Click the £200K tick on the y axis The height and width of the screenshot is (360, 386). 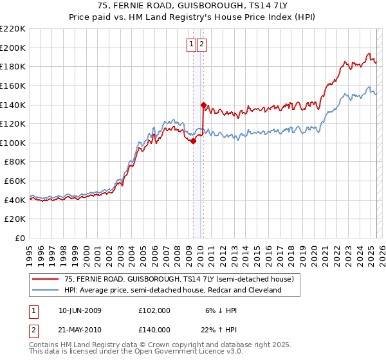point(13,48)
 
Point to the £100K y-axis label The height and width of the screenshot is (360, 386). point(13,143)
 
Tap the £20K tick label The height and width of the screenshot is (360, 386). point(15,219)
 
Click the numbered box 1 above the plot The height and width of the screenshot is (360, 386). point(192,44)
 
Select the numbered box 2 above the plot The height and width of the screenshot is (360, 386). point(201,44)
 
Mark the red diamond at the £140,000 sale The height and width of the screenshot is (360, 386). point(203,105)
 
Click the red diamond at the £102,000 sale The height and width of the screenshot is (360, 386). point(193,141)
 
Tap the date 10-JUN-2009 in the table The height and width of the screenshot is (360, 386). point(80,310)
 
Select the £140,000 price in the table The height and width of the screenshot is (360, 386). point(154,329)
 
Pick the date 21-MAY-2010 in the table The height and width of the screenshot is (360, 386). point(80,329)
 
